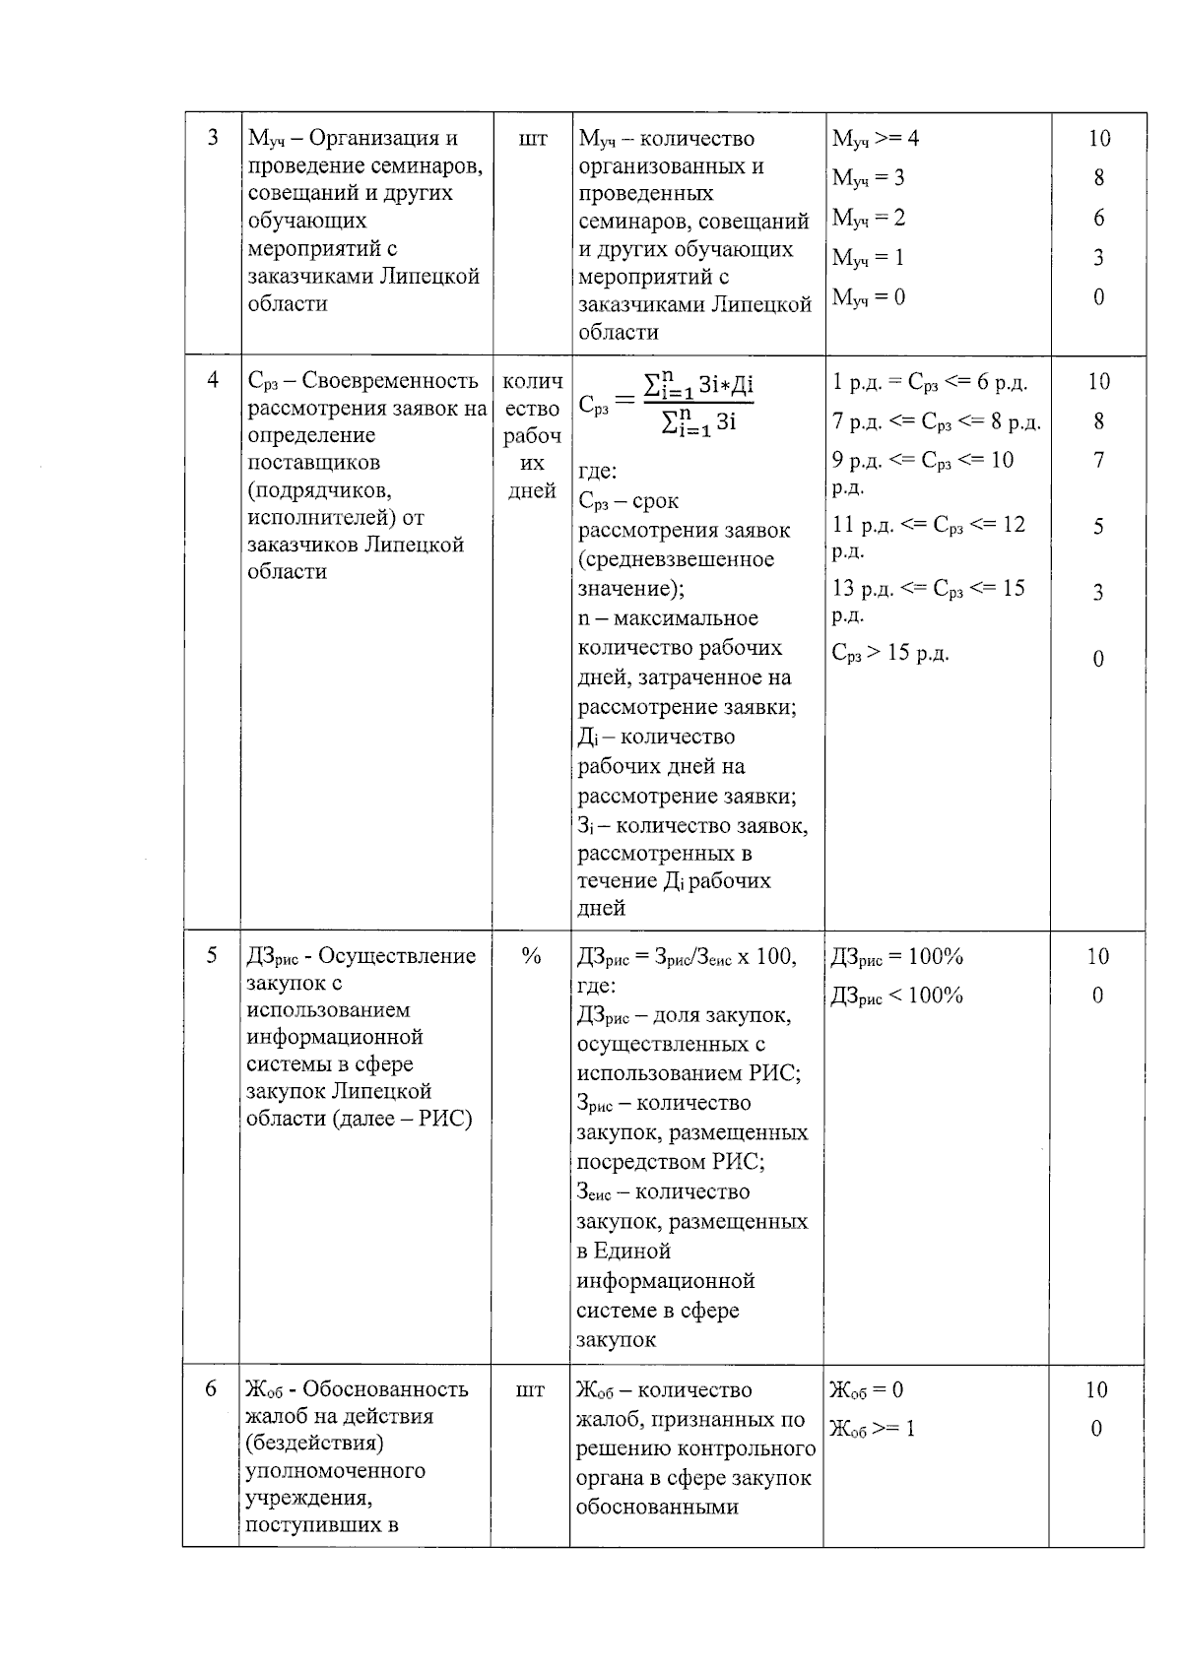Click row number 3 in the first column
(213, 138)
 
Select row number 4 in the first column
(213, 381)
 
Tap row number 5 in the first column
(211, 955)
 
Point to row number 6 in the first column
(211, 1389)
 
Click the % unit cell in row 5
(531, 956)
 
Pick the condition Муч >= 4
(876, 139)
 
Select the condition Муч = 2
(869, 218)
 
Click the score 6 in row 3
(1098, 218)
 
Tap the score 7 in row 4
(1098, 460)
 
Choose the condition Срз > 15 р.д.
(890, 653)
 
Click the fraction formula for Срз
(666, 404)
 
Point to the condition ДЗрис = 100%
(896, 956)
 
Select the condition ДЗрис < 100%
(896, 996)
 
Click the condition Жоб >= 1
(873, 1429)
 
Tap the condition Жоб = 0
(867, 1389)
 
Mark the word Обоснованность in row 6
(385, 1389)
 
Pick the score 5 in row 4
(1098, 526)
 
